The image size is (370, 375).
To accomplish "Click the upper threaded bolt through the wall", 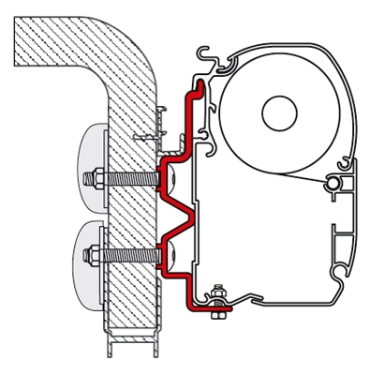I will pyautogui.click(x=126, y=177).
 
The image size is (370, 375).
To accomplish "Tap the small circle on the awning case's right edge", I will pyautogui.click(x=330, y=184).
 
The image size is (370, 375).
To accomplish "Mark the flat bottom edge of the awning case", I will pyautogui.click(x=281, y=304).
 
